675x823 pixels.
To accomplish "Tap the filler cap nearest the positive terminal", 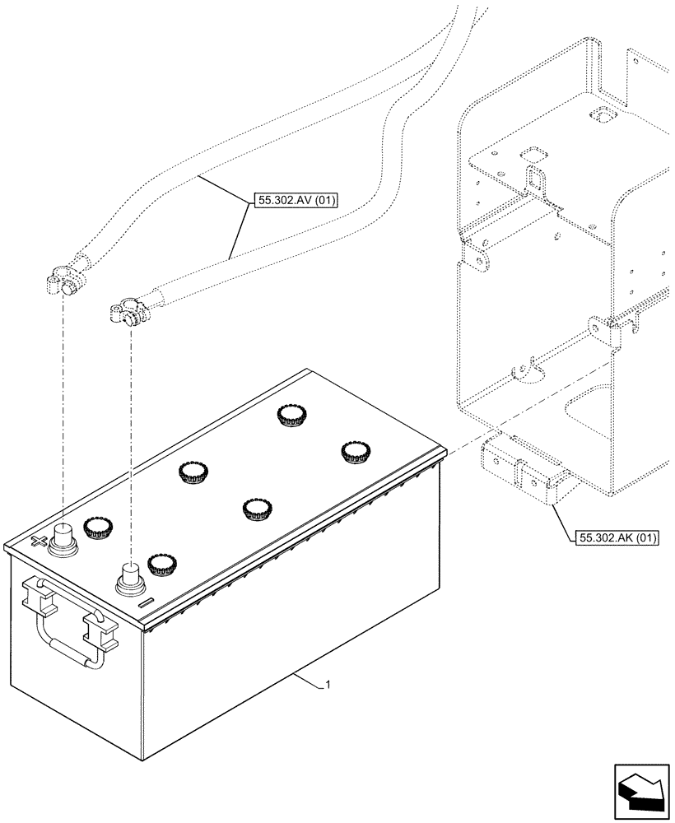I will pyautogui.click(x=98, y=528).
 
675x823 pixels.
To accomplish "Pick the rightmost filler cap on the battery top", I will pyautogui.click(x=354, y=452).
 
